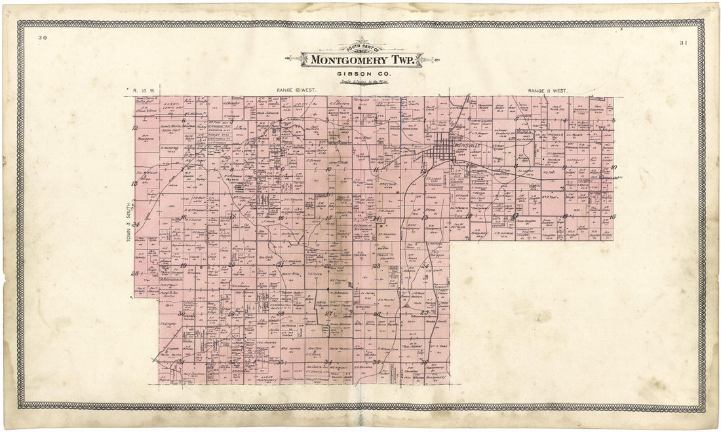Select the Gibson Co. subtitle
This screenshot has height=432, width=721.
point(353,72)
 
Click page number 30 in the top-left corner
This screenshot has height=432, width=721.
point(43,39)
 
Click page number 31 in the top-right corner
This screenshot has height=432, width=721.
point(684,43)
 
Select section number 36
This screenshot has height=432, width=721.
point(424,362)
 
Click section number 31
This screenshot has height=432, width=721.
point(183,362)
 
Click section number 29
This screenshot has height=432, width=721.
point(231,314)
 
